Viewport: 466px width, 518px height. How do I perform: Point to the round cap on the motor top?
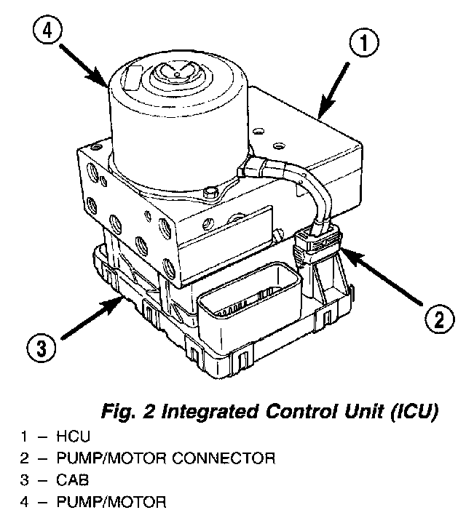click(x=174, y=74)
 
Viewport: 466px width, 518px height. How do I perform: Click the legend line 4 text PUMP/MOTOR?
click(x=116, y=501)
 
